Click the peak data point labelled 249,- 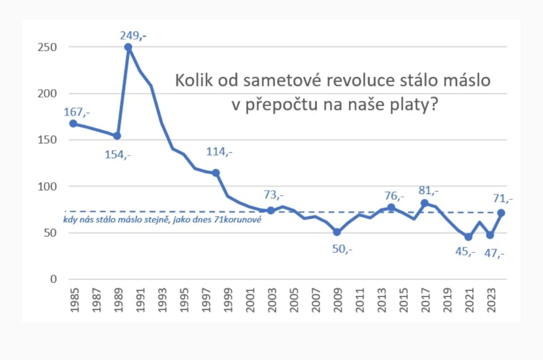coord(128,47)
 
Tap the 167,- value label coord(76,112)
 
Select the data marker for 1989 coord(117,136)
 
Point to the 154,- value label coord(118,155)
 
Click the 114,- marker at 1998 coord(216,172)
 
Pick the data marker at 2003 coord(270,210)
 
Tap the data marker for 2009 coord(337,232)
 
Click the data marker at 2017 coord(424,203)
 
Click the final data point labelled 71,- coord(501,213)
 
